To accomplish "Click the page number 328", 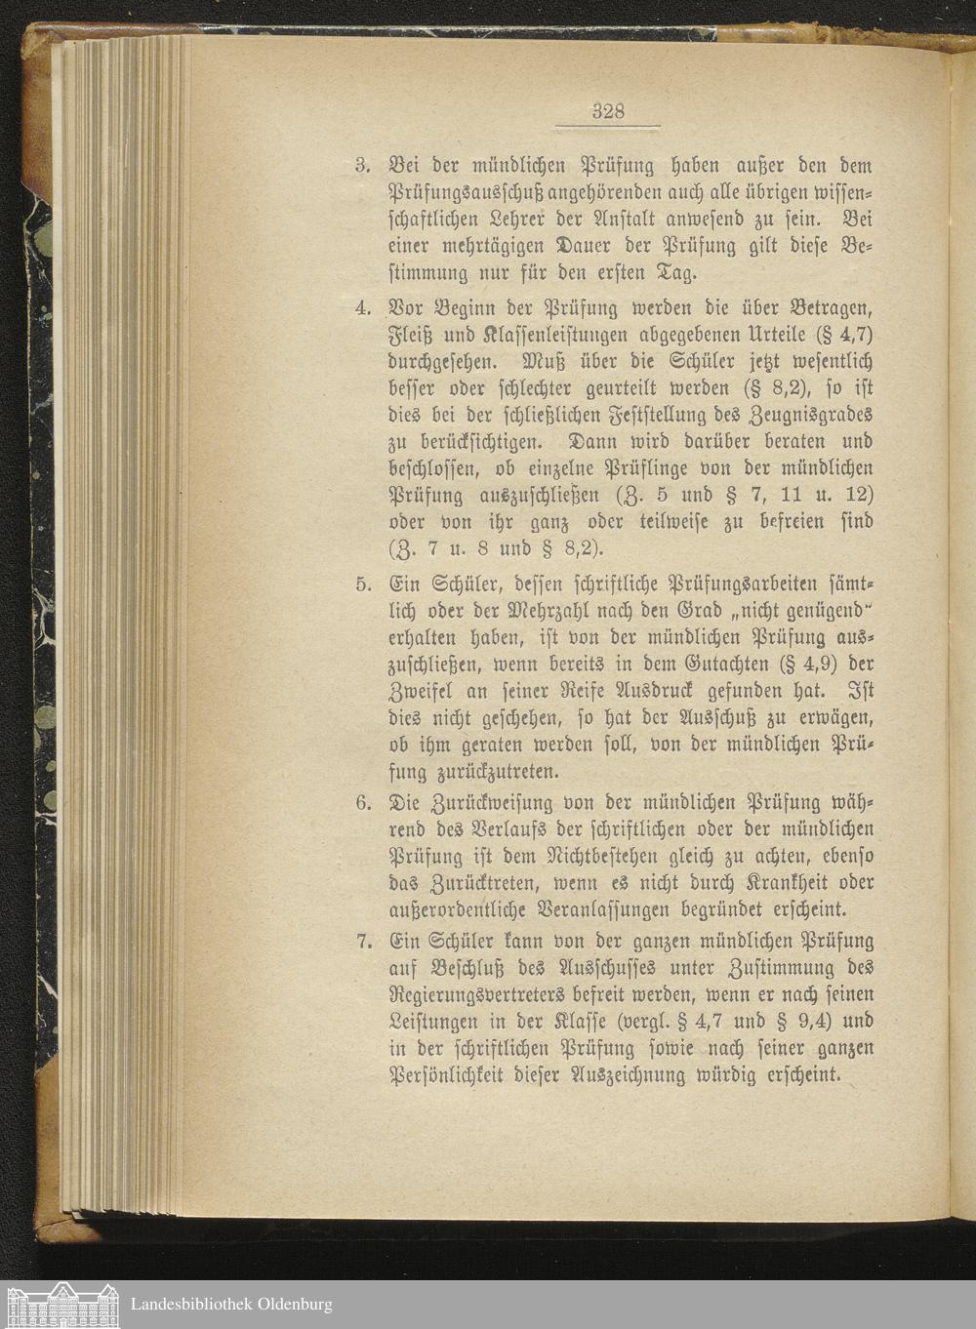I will pos(608,111).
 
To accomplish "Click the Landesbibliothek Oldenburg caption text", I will pos(231,1304).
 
